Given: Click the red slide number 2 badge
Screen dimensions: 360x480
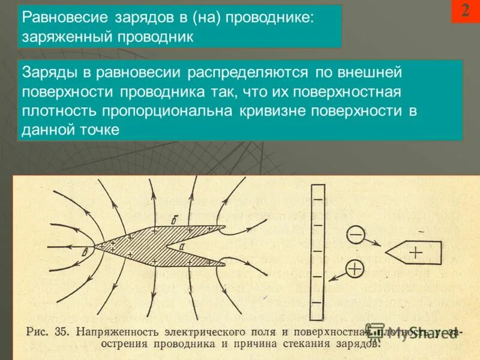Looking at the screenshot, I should tap(465, 11).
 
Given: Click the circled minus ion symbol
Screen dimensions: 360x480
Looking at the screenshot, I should tap(355, 234).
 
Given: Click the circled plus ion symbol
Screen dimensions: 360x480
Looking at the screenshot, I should tap(355, 268).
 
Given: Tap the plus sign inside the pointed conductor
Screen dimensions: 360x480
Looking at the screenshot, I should tap(416, 253).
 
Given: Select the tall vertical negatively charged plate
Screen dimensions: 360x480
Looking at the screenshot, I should tap(317, 251).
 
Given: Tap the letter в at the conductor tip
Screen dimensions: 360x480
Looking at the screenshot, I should tap(86, 250).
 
